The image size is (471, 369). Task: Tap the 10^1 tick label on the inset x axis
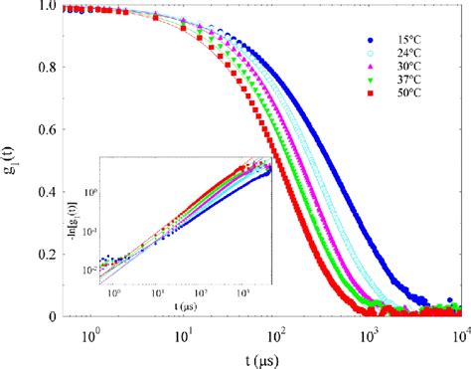point(155,296)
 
